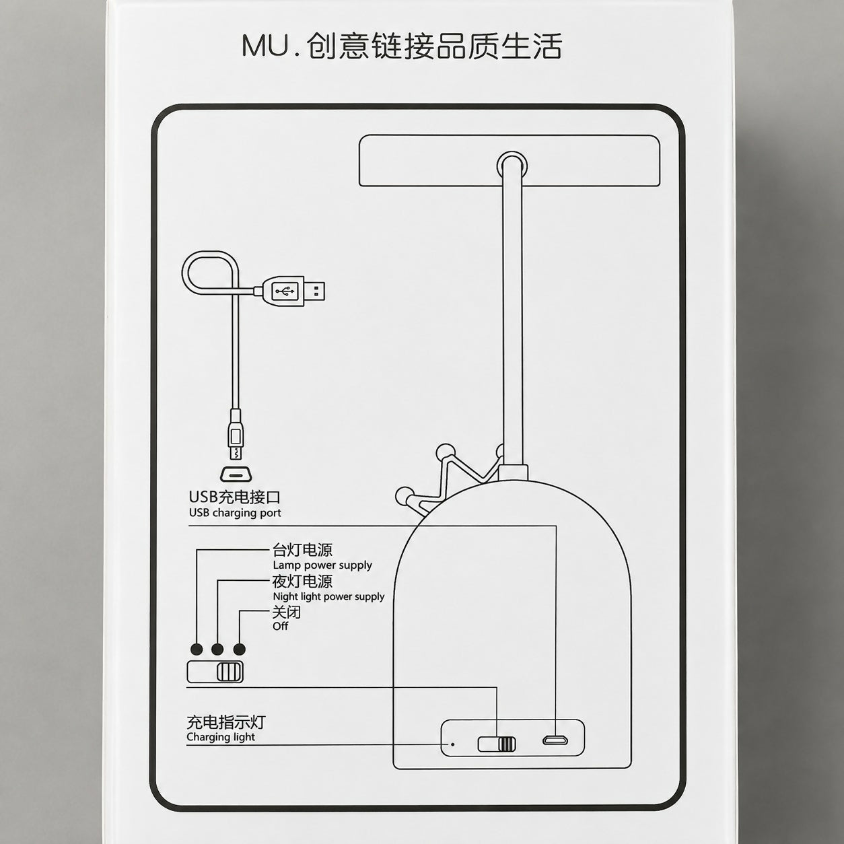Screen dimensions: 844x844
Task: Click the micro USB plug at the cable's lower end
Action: pos(236,435)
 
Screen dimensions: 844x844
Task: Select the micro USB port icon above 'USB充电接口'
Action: pos(236,474)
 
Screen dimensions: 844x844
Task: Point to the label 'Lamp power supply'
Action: pos(322,565)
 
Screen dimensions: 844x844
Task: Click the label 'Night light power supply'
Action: pos(328,596)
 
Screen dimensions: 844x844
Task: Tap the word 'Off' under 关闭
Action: pos(280,627)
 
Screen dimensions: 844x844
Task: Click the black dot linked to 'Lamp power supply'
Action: pos(197,649)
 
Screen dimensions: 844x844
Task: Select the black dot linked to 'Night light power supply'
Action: pos(217,649)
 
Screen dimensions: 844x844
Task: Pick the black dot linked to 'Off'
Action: pos(239,649)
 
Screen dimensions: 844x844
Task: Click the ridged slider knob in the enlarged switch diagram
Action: pos(230,672)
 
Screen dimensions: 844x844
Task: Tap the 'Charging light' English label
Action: pos(221,737)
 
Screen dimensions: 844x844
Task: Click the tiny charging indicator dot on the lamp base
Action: pos(452,744)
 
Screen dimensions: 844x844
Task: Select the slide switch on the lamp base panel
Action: pos(497,744)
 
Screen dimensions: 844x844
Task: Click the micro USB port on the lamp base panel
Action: pos(555,740)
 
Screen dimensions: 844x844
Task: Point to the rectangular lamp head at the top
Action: pos(509,160)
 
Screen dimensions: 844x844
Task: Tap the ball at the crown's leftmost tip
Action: pos(404,496)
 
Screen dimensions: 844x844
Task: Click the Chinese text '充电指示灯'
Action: pos(226,722)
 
